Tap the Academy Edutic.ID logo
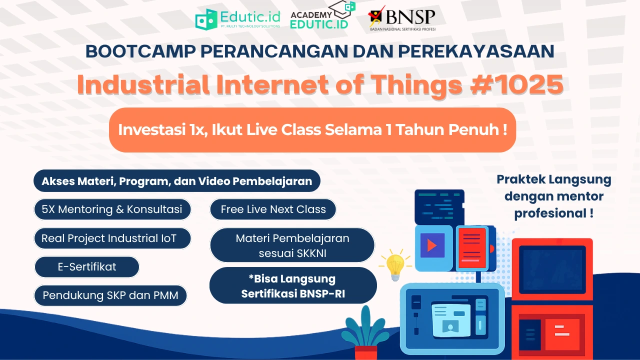[x=323, y=15]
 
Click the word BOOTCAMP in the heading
[x=140, y=51]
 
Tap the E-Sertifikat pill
[x=87, y=267]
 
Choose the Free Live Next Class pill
[x=273, y=209]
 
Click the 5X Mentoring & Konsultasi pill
[x=112, y=209]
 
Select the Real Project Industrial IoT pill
[x=112, y=238]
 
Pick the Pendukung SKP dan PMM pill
[x=110, y=295]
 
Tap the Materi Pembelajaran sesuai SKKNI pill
[x=292, y=245]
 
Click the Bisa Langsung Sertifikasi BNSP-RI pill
[x=293, y=285]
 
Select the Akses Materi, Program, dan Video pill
[x=177, y=181]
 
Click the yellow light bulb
[x=395, y=265]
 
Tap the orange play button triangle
[x=431, y=245]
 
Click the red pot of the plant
[x=365, y=353]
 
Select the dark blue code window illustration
[x=439, y=207]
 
